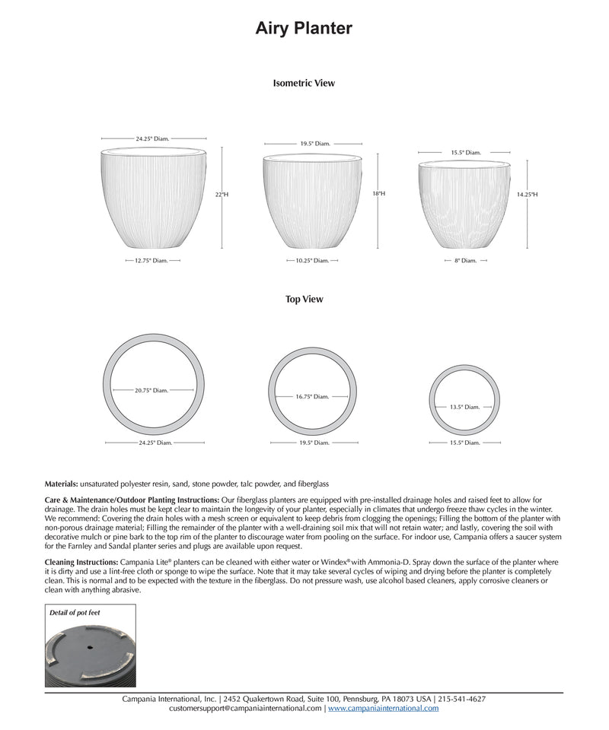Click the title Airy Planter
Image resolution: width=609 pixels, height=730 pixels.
pos(304,29)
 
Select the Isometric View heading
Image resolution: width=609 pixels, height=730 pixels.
pos(304,83)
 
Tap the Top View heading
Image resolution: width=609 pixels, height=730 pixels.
pos(304,300)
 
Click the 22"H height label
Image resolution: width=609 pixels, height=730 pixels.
pos(222,195)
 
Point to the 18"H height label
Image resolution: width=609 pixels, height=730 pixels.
pos(378,194)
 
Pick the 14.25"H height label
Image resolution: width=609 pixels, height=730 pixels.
pos(527,195)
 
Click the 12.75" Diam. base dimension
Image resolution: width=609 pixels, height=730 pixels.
pos(151,260)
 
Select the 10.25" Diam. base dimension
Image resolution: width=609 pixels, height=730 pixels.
pos(312,260)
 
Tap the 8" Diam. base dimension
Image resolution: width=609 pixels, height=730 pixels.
pos(464,260)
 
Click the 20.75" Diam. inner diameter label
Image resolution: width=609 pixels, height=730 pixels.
pos(151,391)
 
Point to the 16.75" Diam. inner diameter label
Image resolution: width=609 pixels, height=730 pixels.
pos(312,396)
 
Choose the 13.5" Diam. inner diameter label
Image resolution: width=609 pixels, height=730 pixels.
pos(464,407)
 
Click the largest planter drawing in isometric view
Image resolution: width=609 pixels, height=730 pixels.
pos(153,199)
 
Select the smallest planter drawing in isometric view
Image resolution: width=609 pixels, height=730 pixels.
pos(464,204)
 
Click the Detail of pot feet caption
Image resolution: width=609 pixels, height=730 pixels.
pos(75,612)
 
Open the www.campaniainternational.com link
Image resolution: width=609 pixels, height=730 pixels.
pos(383,709)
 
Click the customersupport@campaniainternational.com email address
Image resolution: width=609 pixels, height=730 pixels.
pos(245,709)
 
